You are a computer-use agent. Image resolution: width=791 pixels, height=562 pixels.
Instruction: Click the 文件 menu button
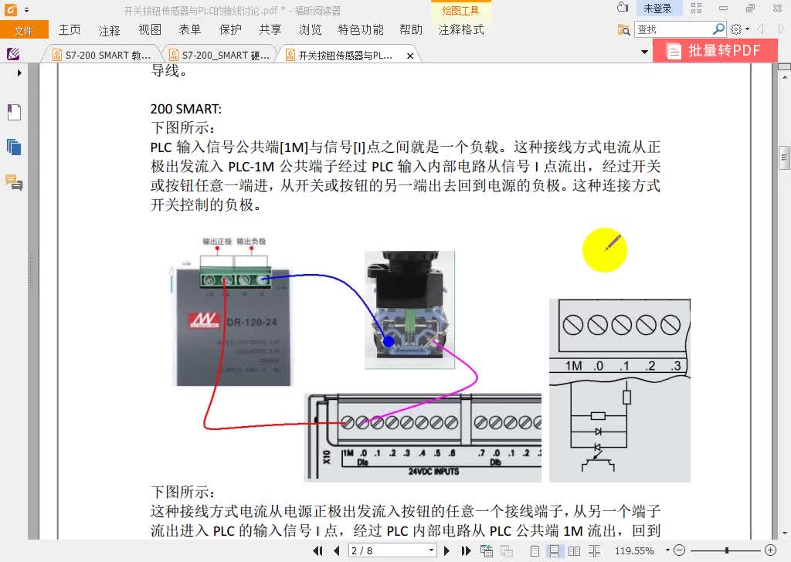23,30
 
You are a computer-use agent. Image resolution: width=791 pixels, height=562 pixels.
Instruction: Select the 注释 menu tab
110,30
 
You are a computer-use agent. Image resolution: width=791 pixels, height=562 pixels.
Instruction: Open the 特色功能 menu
360,30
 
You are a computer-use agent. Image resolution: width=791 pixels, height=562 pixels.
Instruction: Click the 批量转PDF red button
714,51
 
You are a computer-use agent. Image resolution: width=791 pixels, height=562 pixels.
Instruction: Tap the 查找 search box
673,29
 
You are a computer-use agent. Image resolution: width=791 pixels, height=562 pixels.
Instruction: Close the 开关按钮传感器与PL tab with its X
410,56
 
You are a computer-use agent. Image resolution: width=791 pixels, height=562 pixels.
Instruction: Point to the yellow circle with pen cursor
604,250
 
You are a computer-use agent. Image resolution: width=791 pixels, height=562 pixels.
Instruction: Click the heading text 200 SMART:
186,109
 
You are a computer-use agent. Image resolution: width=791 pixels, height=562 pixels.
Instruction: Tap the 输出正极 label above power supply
217,242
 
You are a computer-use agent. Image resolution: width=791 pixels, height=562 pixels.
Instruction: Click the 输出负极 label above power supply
251,242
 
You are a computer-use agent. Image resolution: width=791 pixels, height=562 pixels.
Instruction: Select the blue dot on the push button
389,340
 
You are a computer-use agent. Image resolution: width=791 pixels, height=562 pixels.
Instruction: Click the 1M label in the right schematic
573,366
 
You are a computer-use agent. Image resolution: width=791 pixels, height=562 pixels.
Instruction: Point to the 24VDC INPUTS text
433,471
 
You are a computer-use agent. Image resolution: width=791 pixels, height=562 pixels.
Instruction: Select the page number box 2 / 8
392,550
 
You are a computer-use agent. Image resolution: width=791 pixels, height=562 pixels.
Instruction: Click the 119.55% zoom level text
634,551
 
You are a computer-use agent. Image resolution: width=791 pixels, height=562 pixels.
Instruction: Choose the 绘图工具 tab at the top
460,11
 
